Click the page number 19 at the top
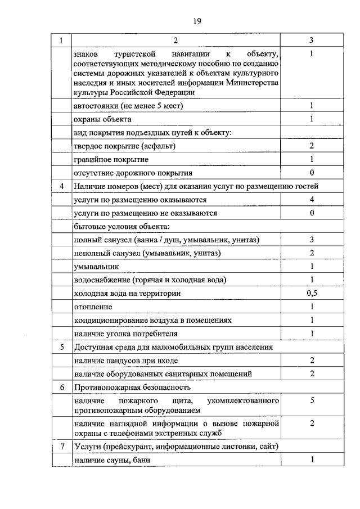click(197, 21)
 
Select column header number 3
click(311, 40)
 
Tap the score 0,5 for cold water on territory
click(311, 293)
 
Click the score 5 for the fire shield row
click(311, 400)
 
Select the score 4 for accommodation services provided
click(311, 200)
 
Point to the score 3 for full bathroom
click(311, 240)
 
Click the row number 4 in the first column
click(61, 186)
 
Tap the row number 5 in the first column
click(61, 347)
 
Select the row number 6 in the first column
click(61, 388)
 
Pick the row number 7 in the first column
click(61, 447)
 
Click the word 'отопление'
click(93, 307)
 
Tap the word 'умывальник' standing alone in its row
click(96, 267)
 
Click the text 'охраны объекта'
click(102, 119)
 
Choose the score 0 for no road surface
click(311, 173)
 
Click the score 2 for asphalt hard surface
click(311, 146)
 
